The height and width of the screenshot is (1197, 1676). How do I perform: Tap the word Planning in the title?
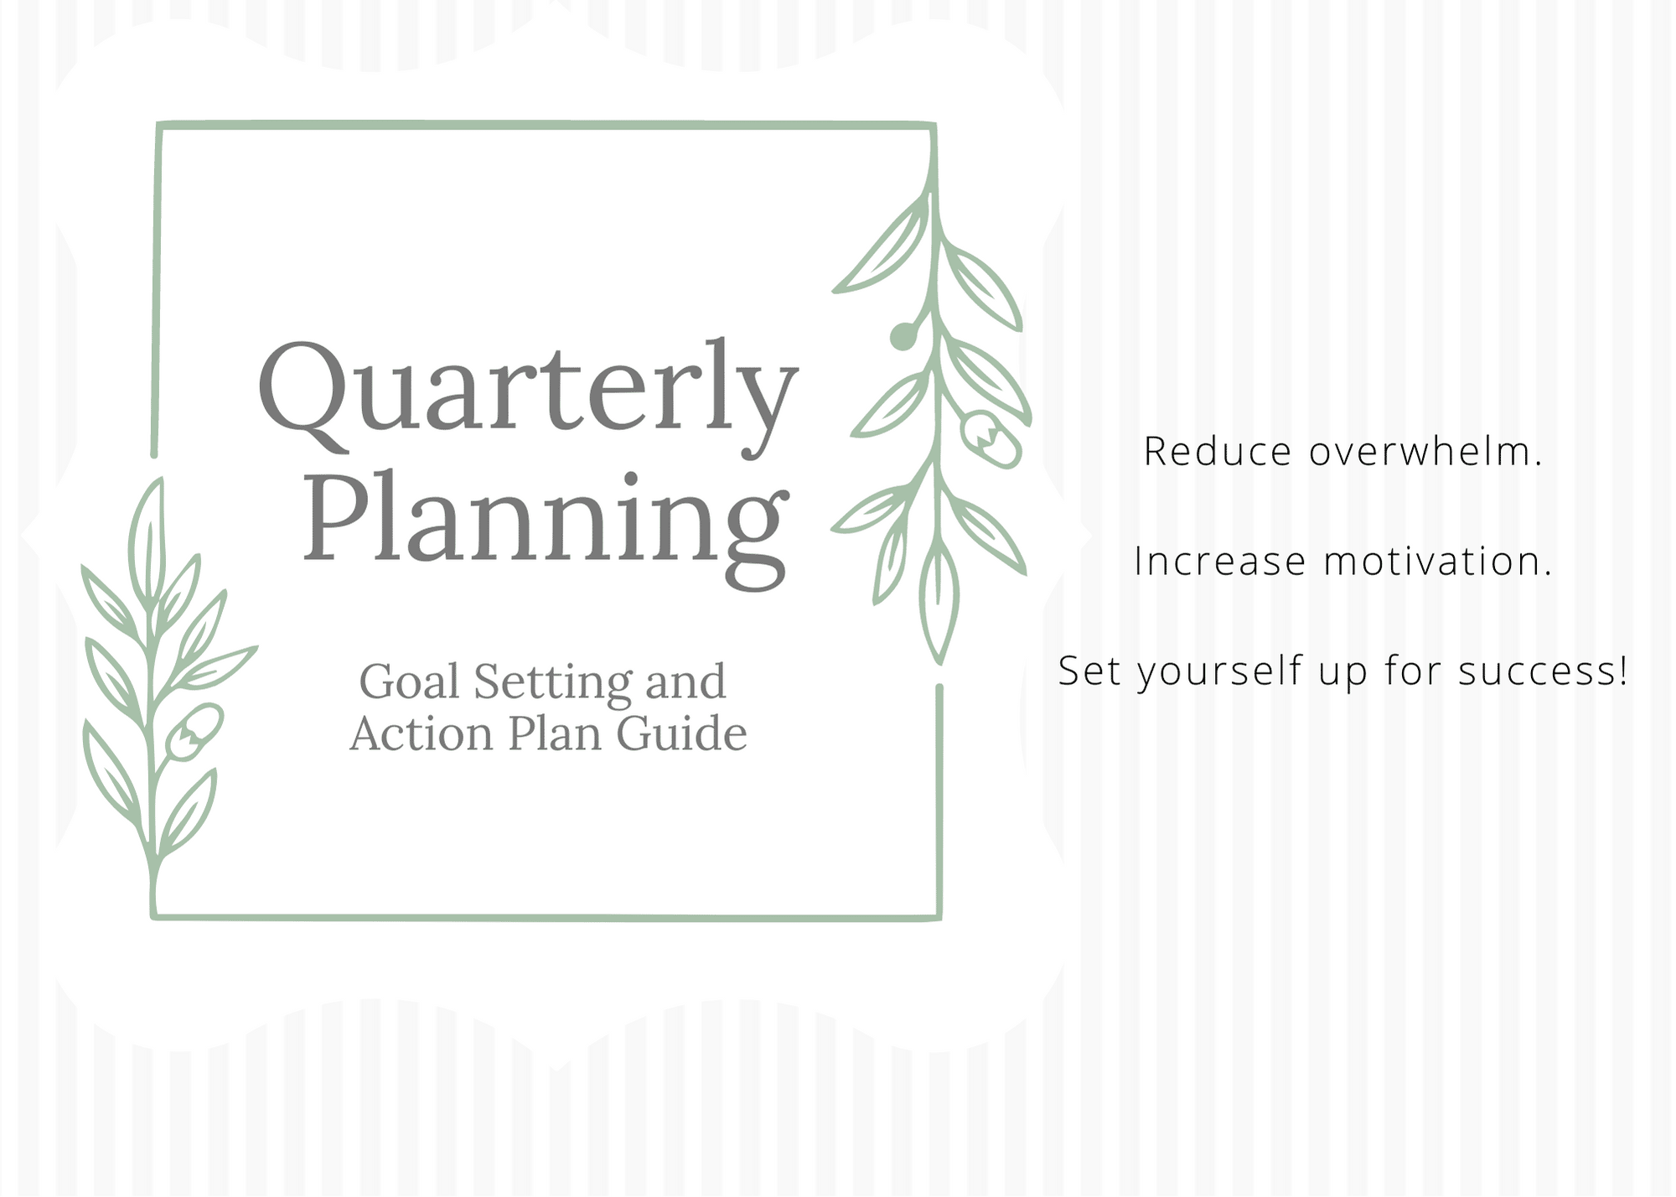(x=546, y=528)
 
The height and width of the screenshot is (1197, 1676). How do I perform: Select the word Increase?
(x=1220, y=562)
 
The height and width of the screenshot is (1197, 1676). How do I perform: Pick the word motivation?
(x=1438, y=561)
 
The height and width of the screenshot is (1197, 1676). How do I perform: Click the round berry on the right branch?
(x=903, y=336)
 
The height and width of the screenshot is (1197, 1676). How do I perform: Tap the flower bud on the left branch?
(x=194, y=732)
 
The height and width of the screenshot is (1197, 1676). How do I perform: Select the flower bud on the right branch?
(x=991, y=438)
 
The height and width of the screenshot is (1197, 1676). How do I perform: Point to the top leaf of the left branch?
(x=148, y=541)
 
